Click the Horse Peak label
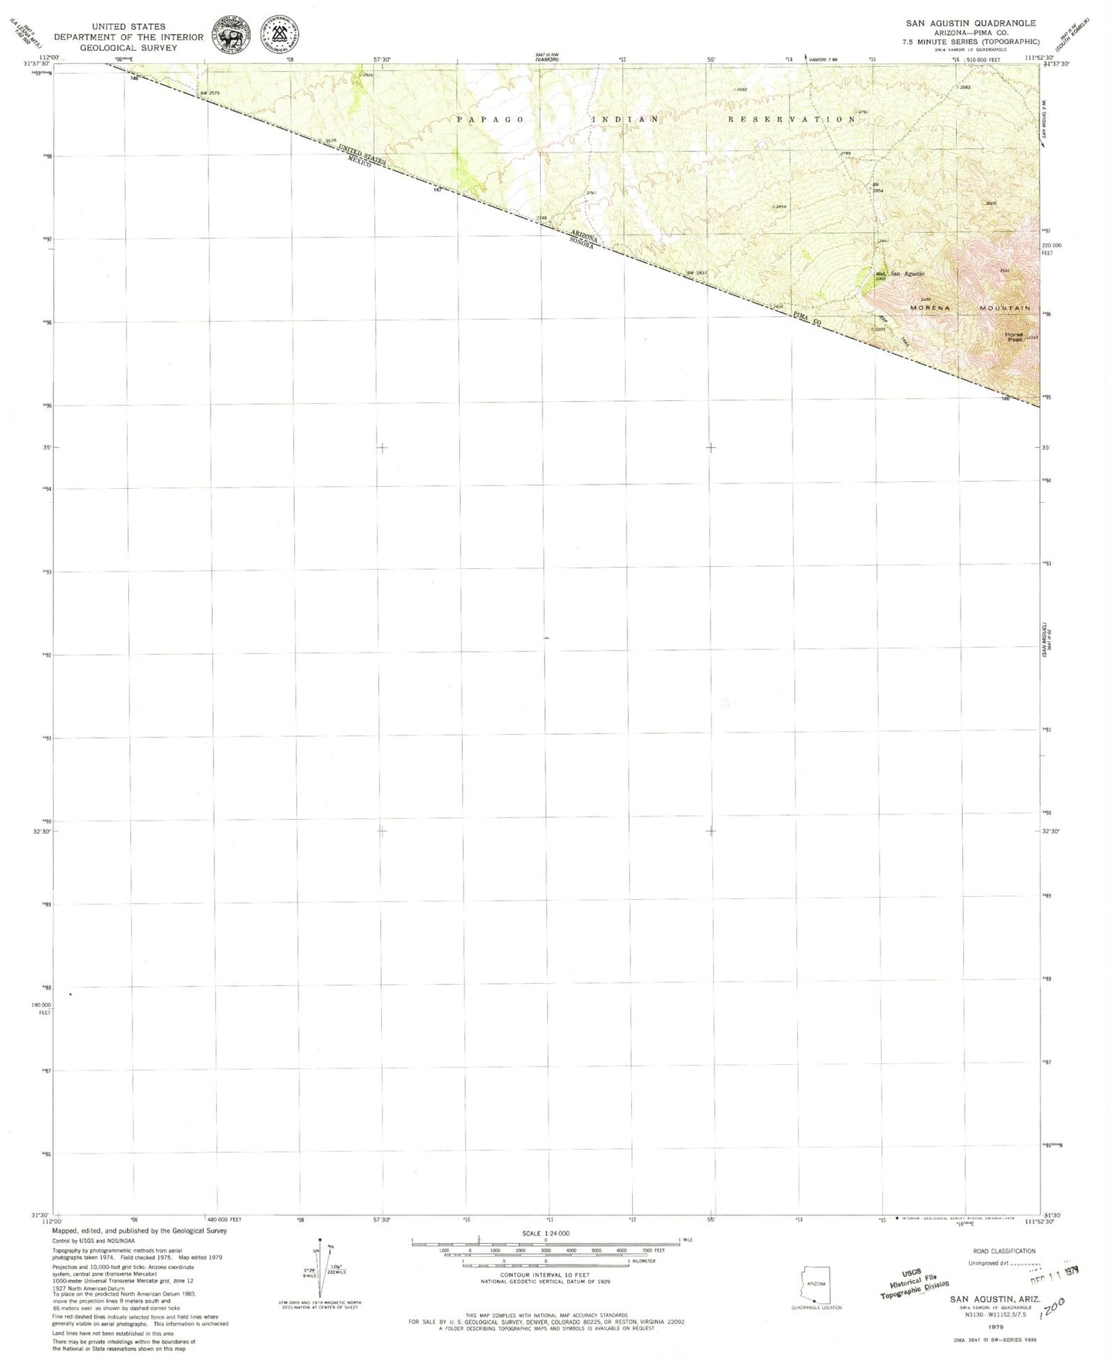click(1014, 335)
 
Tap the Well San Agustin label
click(899, 274)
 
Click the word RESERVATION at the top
click(792, 120)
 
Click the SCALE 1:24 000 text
click(546, 1234)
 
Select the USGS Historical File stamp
click(915, 1286)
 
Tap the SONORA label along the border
click(585, 245)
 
